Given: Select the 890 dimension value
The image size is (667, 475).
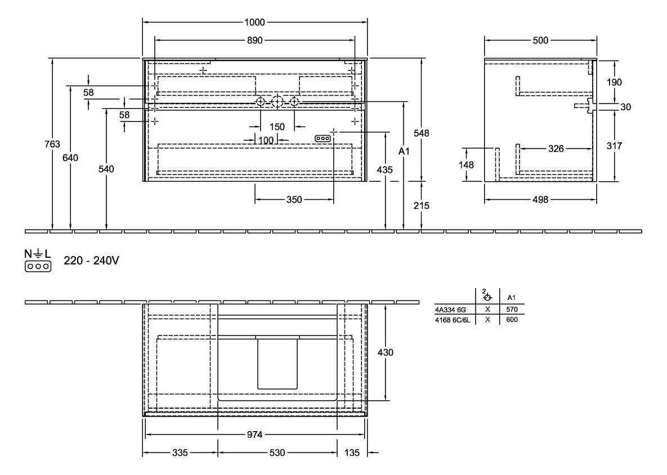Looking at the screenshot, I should point(254,41).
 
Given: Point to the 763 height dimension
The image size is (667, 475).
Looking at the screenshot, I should point(52,145).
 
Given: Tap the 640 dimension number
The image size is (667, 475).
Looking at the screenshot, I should point(70,158).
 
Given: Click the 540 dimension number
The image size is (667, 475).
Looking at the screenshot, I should point(106,169).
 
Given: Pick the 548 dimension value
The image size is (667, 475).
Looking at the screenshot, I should point(421,133).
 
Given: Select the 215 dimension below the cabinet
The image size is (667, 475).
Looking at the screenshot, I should point(421,206).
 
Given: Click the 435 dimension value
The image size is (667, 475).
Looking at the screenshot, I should point(385,169).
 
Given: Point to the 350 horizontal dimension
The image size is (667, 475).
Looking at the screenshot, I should point(294,199).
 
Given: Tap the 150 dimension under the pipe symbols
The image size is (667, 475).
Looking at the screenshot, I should point(277,126).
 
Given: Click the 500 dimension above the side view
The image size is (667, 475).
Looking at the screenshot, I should point(540,41).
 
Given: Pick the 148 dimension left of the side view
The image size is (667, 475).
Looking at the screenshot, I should point(466,165).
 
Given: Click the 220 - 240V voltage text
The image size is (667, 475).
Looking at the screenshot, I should point(92,262).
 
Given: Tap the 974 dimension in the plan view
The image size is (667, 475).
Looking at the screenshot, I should point(255,435).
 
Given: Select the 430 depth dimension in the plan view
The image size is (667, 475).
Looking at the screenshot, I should point(385,352).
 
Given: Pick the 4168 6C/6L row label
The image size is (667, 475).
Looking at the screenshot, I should point(453,319).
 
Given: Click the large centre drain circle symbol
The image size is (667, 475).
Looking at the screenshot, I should point(277,102).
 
